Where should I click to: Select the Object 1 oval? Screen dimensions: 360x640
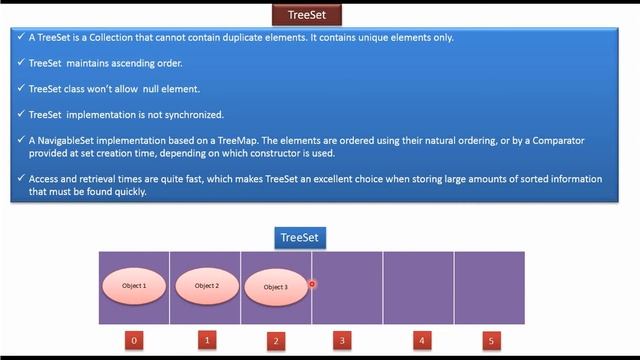coord(134,285)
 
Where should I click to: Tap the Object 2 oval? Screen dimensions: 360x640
coord(206,285)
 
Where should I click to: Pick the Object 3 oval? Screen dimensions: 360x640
coord(275,287)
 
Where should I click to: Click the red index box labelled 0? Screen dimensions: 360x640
coord(135,340)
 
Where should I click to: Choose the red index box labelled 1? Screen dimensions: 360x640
coord(207,340)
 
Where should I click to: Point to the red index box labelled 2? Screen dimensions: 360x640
coord(276,341)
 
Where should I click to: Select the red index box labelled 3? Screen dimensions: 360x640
coord(343,340)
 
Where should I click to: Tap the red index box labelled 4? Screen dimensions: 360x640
coord(423,340)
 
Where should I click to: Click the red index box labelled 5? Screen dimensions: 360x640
coord(490,340)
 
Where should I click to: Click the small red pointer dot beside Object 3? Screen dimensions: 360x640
coord(312,284)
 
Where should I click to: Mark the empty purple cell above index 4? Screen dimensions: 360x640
coord(418,287)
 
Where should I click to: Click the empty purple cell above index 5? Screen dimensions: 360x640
coord(489,287)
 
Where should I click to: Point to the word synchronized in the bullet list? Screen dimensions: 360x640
coord(195,114)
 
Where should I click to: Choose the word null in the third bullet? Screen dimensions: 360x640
coord(153,89)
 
